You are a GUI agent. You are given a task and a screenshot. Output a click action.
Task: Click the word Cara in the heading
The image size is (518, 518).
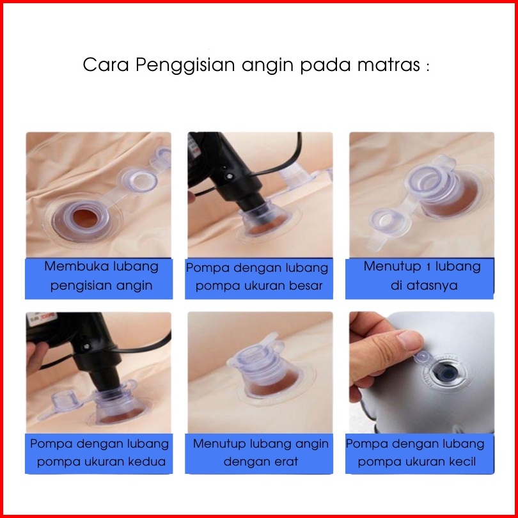pyautogui.click(x=106, y=65)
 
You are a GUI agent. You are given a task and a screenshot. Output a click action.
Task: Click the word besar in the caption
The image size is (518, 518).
pyautogui.click(x=306, y=285)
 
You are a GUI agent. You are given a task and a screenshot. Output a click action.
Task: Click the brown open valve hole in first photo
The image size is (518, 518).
pyautogui.click(x=85, y=218)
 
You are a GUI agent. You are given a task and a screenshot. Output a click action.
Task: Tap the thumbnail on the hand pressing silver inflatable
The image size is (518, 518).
pyautogui.click(x=410, y=340)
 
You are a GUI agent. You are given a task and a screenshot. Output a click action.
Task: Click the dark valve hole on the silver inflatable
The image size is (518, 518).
pyautogui.click(x=446, y=373)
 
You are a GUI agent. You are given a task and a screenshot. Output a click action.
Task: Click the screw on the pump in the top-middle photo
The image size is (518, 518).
pyautogui.click(x=230, y=177)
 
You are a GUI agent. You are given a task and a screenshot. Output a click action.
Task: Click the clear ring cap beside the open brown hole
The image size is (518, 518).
pyautogui.click(x=139, y=180)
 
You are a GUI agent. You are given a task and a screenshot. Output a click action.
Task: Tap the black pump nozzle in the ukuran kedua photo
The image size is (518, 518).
pyautogui.click(x=105, y=379)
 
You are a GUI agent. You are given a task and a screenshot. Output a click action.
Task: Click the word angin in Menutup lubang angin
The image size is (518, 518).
pyautogui.click(x=312, y=444)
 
